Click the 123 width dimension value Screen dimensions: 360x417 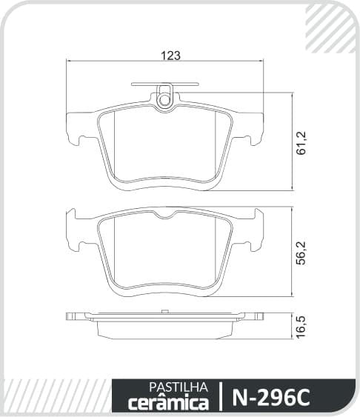click(171, 56)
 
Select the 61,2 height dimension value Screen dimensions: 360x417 click(301, 142)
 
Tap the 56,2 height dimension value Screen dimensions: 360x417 click(301, 253)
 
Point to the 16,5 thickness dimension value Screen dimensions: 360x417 click(301, 327)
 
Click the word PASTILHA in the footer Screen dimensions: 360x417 click(178, 387)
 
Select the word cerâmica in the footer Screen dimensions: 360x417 click(169, 403)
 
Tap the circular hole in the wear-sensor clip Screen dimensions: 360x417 click(164, 100)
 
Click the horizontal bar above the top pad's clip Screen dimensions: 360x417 click(165, 84)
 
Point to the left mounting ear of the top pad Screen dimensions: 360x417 click(80, 127)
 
